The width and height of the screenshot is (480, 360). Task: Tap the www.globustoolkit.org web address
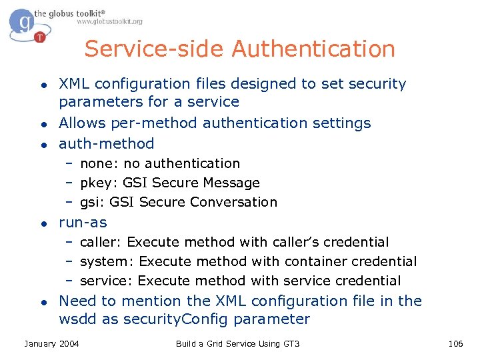(109, 22)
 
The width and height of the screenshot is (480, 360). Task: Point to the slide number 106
(455, 343)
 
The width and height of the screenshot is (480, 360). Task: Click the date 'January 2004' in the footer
(51, 343)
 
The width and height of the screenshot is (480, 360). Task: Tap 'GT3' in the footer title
(291, 343)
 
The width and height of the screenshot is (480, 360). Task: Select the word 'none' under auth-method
(96, 163)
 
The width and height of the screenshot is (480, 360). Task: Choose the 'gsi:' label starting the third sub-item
(93, 203)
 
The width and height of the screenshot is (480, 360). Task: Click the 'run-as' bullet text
(83, 223)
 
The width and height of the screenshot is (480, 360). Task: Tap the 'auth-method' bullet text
(107, 143)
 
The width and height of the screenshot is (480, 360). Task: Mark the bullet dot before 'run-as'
(42, 223)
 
